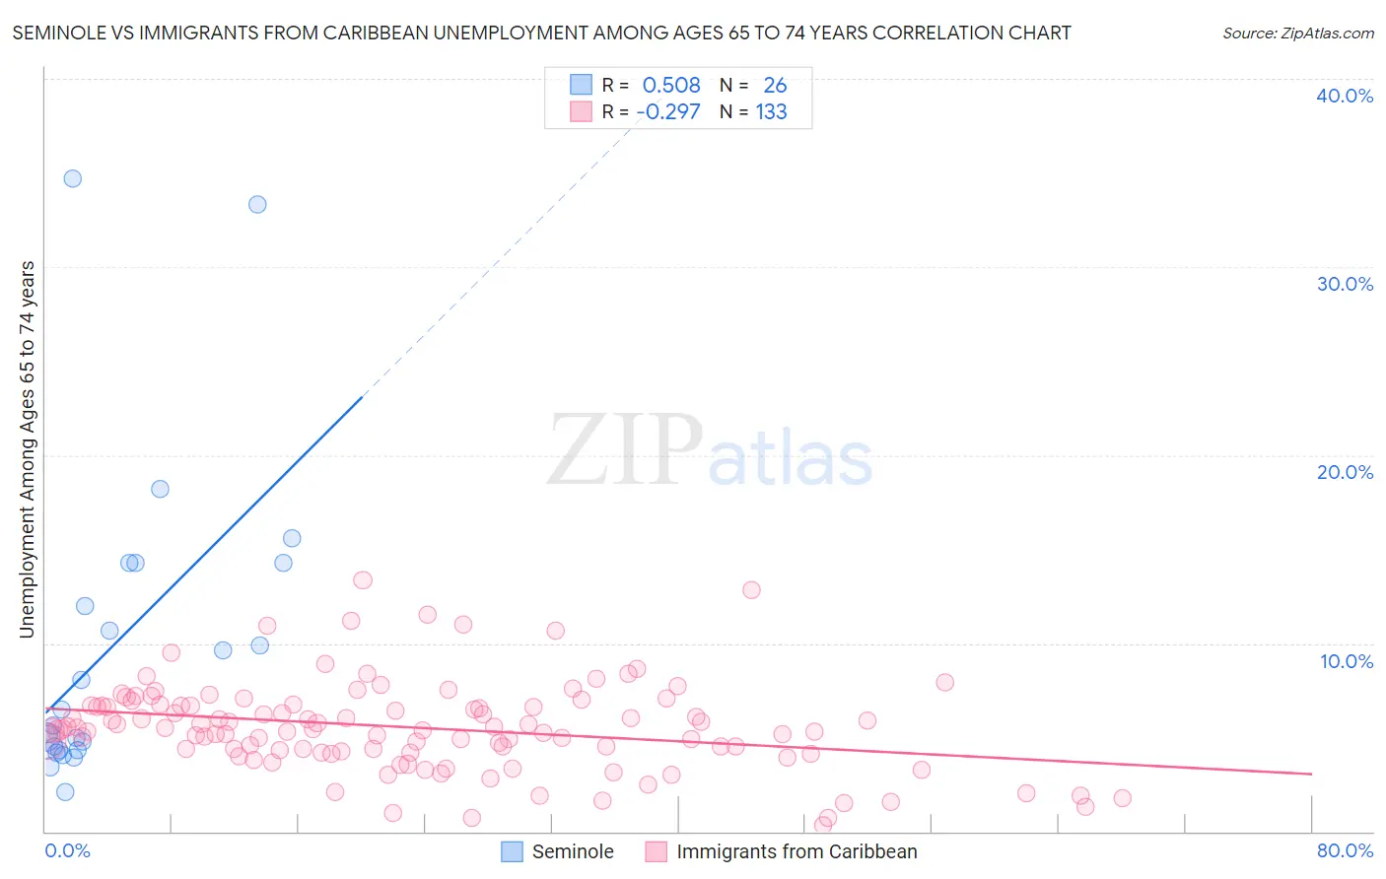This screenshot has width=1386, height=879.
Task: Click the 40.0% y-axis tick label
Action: pyautogui.click(x=1345, y=96)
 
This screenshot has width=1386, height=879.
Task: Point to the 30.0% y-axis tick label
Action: pyautogui.click(x=1345, y=284)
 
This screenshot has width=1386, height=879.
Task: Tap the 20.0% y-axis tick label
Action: pyautogui.click(x=1345, y=472)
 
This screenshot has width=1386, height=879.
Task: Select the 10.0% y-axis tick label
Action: pyautogui.click(x=1347, y=661)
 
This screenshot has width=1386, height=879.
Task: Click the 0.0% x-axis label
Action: pyautogui.click(x=67, y=850)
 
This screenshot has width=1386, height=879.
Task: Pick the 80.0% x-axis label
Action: pyautogui.click(x=1345, y=850)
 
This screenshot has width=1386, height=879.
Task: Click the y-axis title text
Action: pyautogui.click(x=27, y=449)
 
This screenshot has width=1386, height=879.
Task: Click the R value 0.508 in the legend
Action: pyautogui.click(x=671, y=86)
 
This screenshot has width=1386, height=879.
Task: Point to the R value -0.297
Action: pyautogui.click(x=668, y=112)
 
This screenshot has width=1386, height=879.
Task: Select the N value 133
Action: pyautogui.click(x=771, y=112)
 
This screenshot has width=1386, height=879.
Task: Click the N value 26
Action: pyautogui.click(x=775, y=86)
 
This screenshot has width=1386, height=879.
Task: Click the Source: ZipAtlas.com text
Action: pyautogui.click(x=1297, y=34)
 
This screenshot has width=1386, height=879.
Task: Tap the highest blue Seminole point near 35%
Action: pyautogui.click(x=72, y=178)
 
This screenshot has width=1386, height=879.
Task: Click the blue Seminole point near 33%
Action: pyautogui.click(x=257, y=204)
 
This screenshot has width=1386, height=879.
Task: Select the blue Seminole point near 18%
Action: pyautogui.click(x=160, y=489)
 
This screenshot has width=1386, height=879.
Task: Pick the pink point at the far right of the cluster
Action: pyautogui.click(x=1122, y=798)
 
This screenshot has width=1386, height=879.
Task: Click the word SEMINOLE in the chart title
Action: pyautogui.click(x=58, y=34)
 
